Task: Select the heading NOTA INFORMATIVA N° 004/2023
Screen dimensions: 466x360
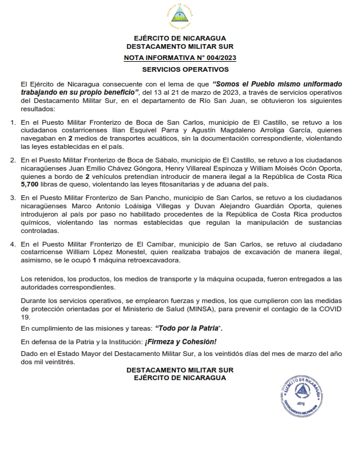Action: coord(180,57)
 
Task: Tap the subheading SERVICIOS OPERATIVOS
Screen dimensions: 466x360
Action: coord(179,69)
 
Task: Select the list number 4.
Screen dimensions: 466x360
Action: coord(13,244)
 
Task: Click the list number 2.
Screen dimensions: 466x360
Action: coord(13,160)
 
